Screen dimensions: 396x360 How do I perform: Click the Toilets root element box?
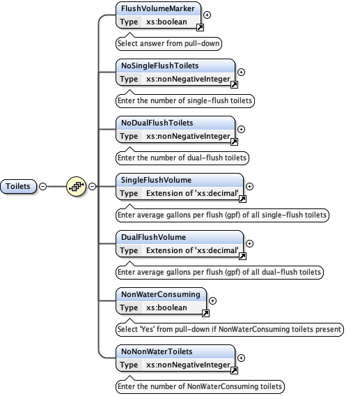point(19,186)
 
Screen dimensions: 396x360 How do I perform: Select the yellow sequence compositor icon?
point(75,186)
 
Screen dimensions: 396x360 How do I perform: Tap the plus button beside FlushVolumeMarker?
point(208,15)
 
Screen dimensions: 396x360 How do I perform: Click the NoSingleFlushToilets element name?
point(159,66)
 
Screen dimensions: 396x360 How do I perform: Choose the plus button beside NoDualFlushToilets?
point(242,129)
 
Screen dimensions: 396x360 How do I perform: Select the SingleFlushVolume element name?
point(156,181)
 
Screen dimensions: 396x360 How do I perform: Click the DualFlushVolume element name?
point(153,238)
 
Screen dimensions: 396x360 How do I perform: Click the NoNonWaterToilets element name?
point(157,352)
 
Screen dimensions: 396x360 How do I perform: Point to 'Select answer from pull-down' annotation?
point(168,43)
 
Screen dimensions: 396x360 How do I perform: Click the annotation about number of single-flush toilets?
point(185,100)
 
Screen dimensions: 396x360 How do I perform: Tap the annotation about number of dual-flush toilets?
point(182,158)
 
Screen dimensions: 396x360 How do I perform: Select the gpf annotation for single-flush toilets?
point(221,215)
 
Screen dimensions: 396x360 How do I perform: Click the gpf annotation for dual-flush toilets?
point(219,272)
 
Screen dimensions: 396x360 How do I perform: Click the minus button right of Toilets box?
point(43,186)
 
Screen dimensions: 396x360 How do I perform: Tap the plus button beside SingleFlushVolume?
point(250,186)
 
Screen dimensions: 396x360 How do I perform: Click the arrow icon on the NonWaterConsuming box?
point(200,313)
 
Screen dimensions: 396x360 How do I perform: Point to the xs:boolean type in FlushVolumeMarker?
point(166,22)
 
